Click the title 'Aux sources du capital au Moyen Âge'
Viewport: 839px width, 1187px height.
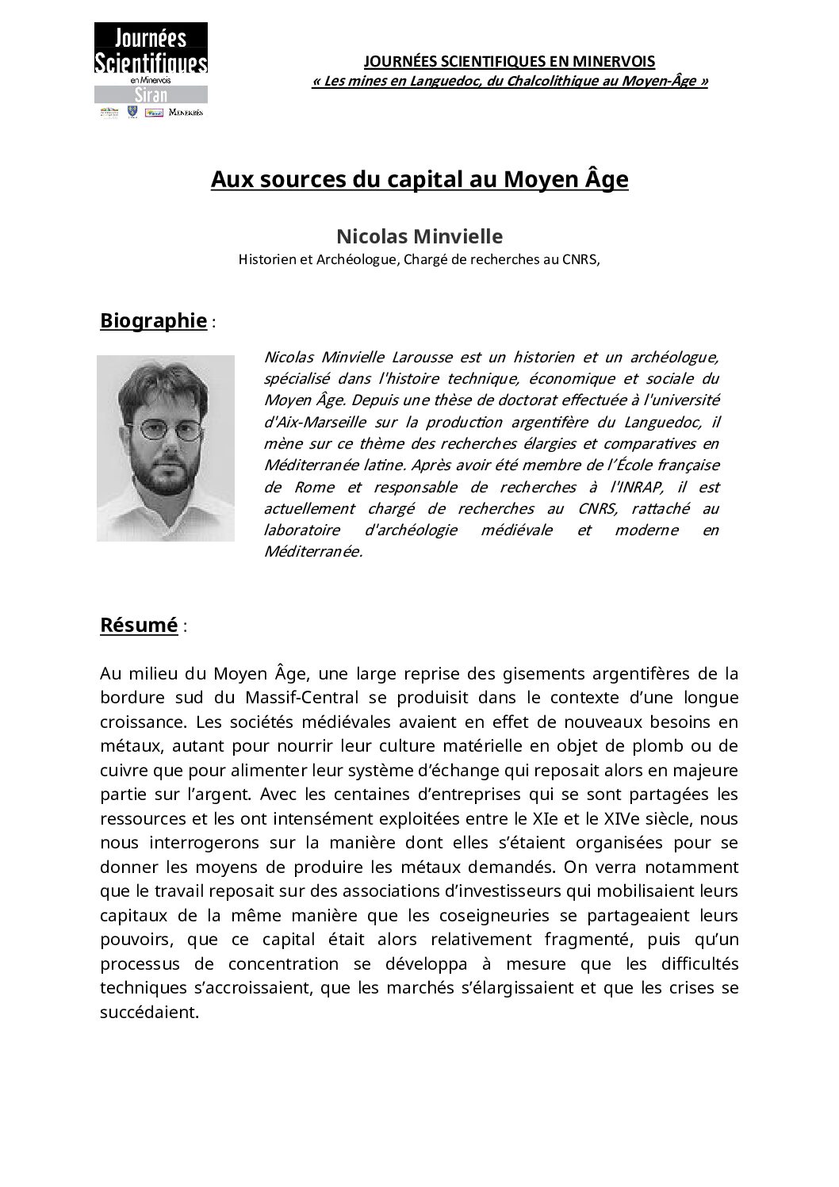[419, 180]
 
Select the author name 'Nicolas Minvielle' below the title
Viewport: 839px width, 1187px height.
[419, 236]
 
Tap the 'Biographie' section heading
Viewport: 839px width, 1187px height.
[153, 320]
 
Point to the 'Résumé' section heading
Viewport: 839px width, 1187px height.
[139, 625]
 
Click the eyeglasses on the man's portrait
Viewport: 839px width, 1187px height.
[167, 430]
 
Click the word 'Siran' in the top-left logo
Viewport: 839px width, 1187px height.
[151, 95]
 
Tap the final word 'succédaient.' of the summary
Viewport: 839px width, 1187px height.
[149, 1013]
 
